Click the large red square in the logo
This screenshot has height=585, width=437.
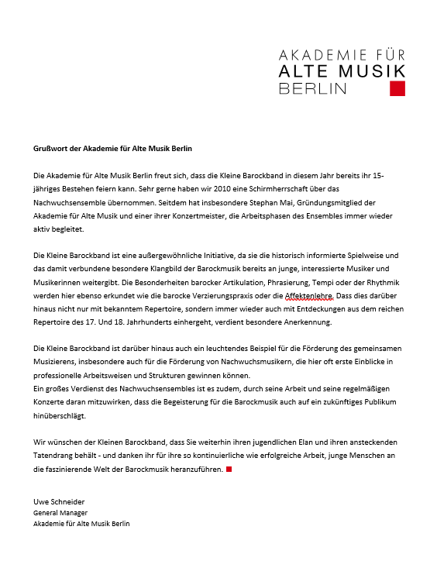tap(397, 88)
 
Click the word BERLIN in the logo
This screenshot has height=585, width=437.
tap(312, 88)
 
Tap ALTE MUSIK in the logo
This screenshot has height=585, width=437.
tap(341, 71)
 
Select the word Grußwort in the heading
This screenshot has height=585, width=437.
tap(50, 148)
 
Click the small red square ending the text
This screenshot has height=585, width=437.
tap(229, 470)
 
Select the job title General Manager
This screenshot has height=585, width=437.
tap(60, 512)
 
